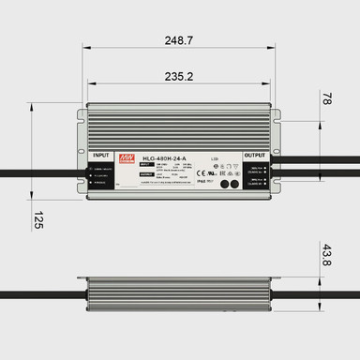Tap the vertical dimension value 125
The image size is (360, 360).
click(38, 221)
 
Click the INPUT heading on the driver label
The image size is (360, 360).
click(102, 155)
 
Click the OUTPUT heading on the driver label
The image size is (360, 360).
click(255, 155)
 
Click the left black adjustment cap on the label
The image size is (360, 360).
click(222, 184)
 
